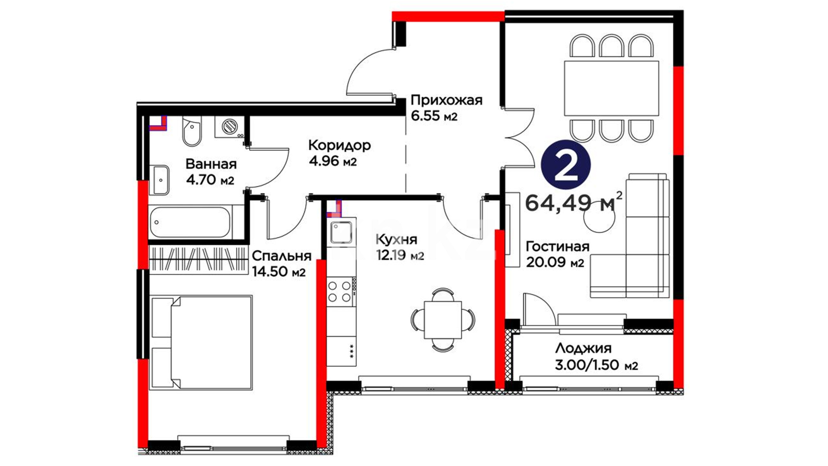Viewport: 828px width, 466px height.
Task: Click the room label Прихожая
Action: tap(446, 101)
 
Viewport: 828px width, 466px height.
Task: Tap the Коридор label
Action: tap(339, 145)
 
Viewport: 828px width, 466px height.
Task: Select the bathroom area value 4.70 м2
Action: tap(210, 179)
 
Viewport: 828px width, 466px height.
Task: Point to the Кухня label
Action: tap(396, 240)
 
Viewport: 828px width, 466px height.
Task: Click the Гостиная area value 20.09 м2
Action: tap(555, 262)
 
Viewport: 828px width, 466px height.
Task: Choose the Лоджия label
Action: tap(583, 349)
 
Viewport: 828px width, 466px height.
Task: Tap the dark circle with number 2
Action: tap(566, 165)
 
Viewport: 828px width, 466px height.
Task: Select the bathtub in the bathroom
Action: tap(191, 222)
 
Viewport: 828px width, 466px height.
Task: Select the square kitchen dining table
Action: tap(443, 320)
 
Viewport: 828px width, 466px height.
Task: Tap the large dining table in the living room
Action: tap(612, 88)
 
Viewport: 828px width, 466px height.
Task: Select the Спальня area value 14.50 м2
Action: tap(279, 272)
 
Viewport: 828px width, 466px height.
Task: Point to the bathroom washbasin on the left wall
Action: tap(161, 179)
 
